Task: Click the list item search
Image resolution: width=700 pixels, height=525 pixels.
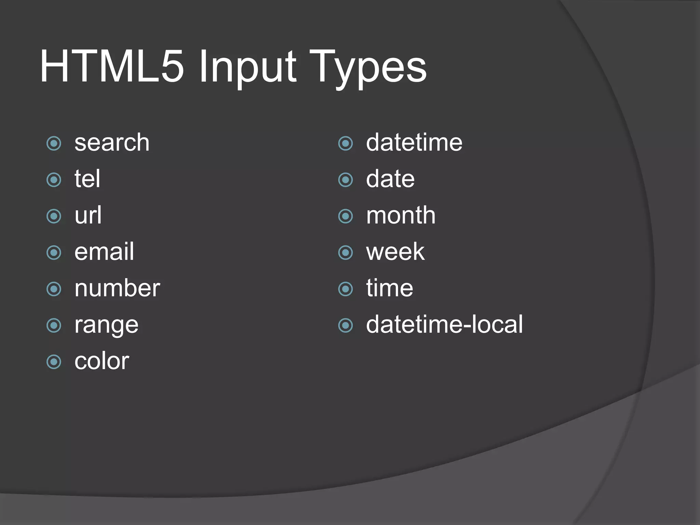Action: (112, 143)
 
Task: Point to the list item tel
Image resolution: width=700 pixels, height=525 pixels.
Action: (87, 179)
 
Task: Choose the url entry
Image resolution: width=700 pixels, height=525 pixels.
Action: (88, 215)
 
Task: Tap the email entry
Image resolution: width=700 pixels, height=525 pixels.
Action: (104, 252)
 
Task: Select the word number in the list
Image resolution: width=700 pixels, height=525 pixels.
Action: (117, 288)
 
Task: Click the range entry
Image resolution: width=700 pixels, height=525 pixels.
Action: (106, 325)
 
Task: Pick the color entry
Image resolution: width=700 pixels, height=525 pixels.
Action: (102, 361)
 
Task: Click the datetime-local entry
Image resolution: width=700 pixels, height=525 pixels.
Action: (444, 324)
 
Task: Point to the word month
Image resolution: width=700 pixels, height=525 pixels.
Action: (401, 215)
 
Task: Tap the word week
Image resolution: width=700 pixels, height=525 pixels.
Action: (395, 252)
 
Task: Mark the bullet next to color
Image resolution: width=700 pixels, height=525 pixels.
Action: (54, 362)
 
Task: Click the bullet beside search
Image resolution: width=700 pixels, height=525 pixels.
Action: (54, 143)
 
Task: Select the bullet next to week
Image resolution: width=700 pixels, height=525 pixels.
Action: (345, 253)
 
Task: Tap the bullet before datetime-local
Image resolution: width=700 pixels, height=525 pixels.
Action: (345, 325)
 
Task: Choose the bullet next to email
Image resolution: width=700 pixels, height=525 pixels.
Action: (54, 253)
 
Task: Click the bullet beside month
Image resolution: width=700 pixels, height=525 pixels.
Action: (345, 216)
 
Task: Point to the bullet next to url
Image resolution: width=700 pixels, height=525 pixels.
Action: (54, 216)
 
